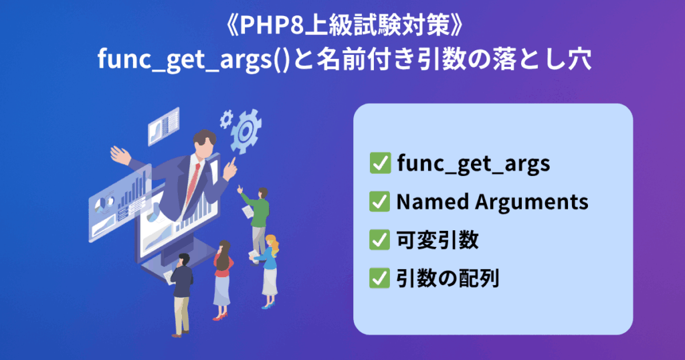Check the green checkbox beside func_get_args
[380, 163]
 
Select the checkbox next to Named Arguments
[380, 202]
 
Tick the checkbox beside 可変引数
[380, 240]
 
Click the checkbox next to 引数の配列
[380, 278]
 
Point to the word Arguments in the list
[532, 203]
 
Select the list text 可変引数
[437, 240]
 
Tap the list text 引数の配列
[448, 278]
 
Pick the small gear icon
[226, 118]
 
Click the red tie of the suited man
[193, 183]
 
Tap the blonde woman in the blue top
[268, 271]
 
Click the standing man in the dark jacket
[181, 295]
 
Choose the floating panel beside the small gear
[163, 126]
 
